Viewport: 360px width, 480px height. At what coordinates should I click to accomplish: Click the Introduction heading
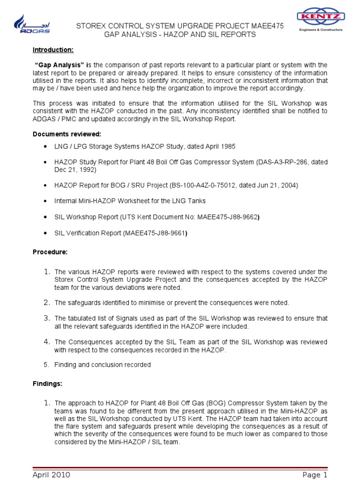click(x=53, y=50)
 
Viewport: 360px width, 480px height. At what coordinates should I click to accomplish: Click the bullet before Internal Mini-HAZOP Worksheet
click(x=45, y=201)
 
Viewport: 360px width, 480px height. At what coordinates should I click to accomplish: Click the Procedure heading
click(x=50, y=252)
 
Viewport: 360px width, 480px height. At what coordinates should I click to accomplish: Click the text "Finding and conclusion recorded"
click(x=103, y=364)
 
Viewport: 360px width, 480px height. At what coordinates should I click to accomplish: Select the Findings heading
click(x=47, y=383)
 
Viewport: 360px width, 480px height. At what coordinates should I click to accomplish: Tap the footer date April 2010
click(x=52, y=475)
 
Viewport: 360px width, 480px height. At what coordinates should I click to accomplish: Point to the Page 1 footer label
click(x=315, y=475)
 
